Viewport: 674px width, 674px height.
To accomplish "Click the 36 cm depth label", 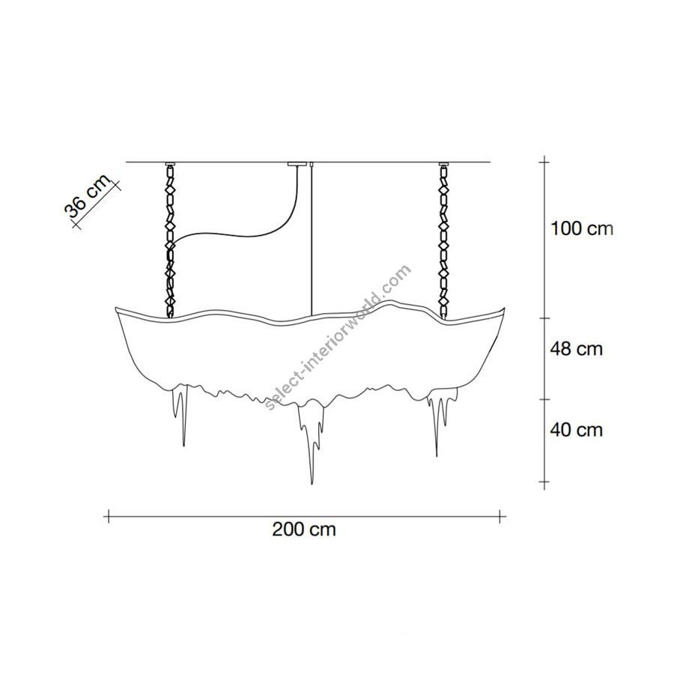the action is pos(87,196).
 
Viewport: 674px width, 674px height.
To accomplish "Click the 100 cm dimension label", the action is pos(582,228).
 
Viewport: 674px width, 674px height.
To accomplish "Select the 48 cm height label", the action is pos(576,348).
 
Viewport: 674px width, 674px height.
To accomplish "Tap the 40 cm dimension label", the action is pos(576,429).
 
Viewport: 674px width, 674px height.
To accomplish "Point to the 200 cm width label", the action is pos(304,529).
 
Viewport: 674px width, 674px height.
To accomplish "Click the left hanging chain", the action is pos(171,241).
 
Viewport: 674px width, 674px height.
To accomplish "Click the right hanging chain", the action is pos(443,241).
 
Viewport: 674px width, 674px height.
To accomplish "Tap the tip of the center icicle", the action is pos(312,484).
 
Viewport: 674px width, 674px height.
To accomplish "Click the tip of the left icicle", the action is pos(184,446).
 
